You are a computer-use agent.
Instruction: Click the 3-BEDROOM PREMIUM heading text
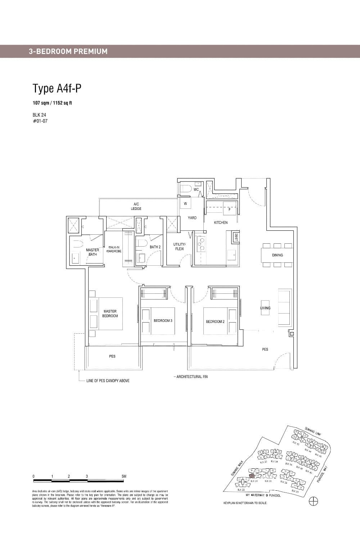(x=68, y=51)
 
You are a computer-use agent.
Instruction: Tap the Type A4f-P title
(x=57, y=88)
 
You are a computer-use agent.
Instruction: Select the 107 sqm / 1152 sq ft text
(x=52, y=103)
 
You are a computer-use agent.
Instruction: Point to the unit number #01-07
(x=40, y=121)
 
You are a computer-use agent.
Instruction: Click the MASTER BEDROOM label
(x=110, y=314)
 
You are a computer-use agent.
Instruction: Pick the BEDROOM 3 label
(x=163, y=321)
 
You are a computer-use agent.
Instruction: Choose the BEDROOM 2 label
(x=215, y=321)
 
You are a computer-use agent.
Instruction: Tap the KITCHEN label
(x=221, y=222)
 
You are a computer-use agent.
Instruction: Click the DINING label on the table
(x=277, y=255)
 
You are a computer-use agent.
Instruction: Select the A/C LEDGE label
(x=136, y=206)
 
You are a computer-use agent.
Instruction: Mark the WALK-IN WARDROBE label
(x=114, y=249)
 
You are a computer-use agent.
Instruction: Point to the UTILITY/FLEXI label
(x=179, y=247)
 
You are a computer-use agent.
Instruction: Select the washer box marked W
(x=185, y=204)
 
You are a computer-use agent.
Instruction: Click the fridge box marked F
(x=229, y=209)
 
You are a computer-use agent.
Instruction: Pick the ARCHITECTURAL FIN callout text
(x=191, y=377)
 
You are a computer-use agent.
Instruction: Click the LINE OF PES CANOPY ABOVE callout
(x=108, y=381)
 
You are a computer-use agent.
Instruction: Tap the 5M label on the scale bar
(x=124, y=476)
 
